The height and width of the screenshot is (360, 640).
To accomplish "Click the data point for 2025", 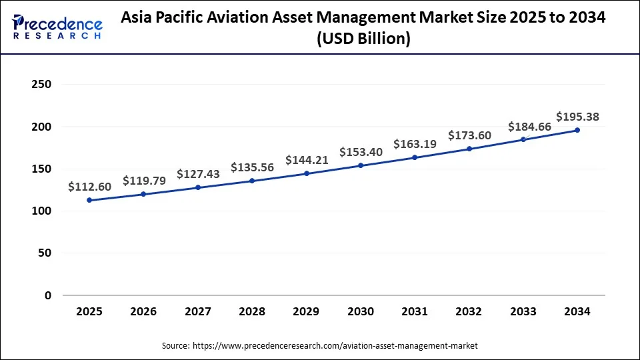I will click(89, 200).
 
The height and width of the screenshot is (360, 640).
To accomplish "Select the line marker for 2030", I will click(361, 165).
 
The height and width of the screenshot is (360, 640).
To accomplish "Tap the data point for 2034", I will click(577, 130).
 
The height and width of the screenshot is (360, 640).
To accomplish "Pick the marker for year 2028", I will click(252, 181).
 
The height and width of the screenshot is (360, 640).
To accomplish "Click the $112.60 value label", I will click(89, 187).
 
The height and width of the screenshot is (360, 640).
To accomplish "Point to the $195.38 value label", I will click(577, 117).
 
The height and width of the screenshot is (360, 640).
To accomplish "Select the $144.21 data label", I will click(307, 160).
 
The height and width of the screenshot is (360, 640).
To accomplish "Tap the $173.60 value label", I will click(469, 135).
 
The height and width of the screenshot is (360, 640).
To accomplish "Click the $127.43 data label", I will click(198, 174).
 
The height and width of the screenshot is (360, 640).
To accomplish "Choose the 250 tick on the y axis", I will click(41, 85).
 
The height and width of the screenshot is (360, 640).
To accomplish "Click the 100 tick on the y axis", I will click(41, 211).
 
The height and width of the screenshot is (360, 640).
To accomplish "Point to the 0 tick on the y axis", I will click(47, 295).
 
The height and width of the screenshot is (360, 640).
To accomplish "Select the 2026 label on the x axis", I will click(143, 311).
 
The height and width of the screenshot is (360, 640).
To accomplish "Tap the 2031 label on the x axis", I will click(415, 311).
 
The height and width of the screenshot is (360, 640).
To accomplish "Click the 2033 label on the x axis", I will click(523, 311).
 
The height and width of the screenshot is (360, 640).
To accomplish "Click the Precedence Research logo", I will click(57, 27).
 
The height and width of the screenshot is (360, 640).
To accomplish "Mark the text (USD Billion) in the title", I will click(363, 39).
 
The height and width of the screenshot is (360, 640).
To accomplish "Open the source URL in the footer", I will click(335, 346).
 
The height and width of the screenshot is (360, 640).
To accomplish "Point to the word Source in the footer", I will click(175, 346).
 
